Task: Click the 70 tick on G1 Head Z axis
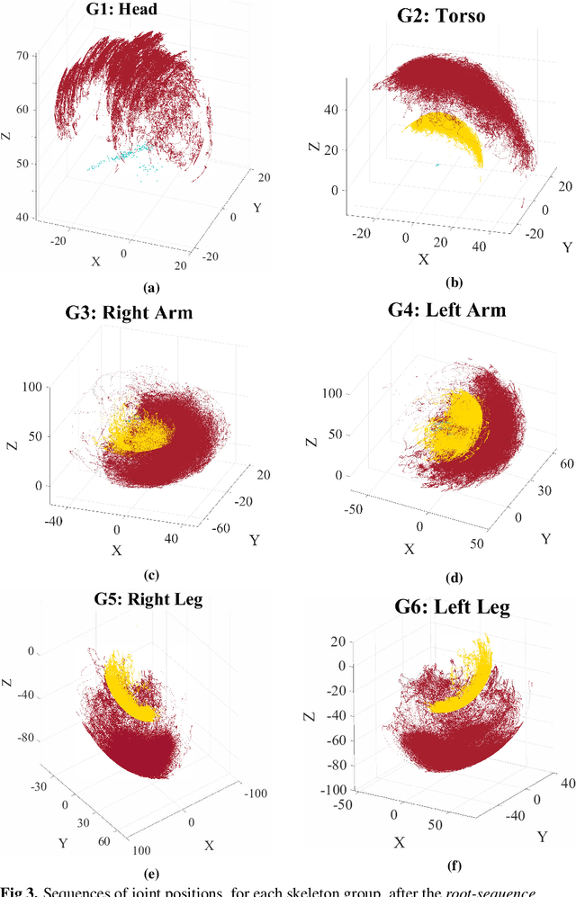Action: pos(24,56)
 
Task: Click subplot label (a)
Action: pos(150,288)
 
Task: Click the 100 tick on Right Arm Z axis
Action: pos(34,386)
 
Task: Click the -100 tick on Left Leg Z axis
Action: pos(332,789)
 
